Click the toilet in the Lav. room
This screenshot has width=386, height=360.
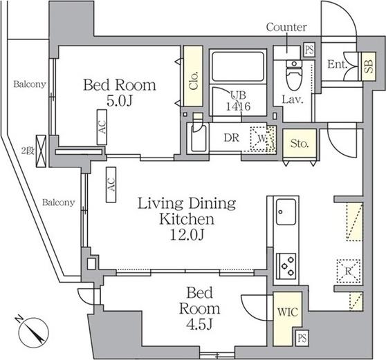pos(294,75)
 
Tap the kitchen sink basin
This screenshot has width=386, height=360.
pos(286,212)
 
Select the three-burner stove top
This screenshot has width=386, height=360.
pos(286,266)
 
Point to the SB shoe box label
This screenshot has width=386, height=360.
pos(369,66)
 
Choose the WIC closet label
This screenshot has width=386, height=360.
pos(288,312)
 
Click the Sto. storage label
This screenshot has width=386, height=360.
pos(300,143)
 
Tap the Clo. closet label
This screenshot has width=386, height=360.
pos(194,81)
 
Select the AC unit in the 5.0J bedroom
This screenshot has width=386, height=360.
pos(102,127)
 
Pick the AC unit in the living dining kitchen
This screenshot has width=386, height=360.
pos(111,185)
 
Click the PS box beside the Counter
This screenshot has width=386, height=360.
pos(309,50)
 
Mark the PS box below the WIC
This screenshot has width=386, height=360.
pos(302,338)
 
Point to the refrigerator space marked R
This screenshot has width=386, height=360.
pos(349,271)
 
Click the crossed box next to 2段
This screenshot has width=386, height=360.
pos(41,151)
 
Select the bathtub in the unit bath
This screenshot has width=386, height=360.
pos(238,66)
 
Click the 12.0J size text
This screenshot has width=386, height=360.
pos(187,235)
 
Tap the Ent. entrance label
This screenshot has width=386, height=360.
pos(337,65)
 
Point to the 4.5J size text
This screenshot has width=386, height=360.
pos(199,325)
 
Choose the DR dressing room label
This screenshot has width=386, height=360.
pos(232,138)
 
